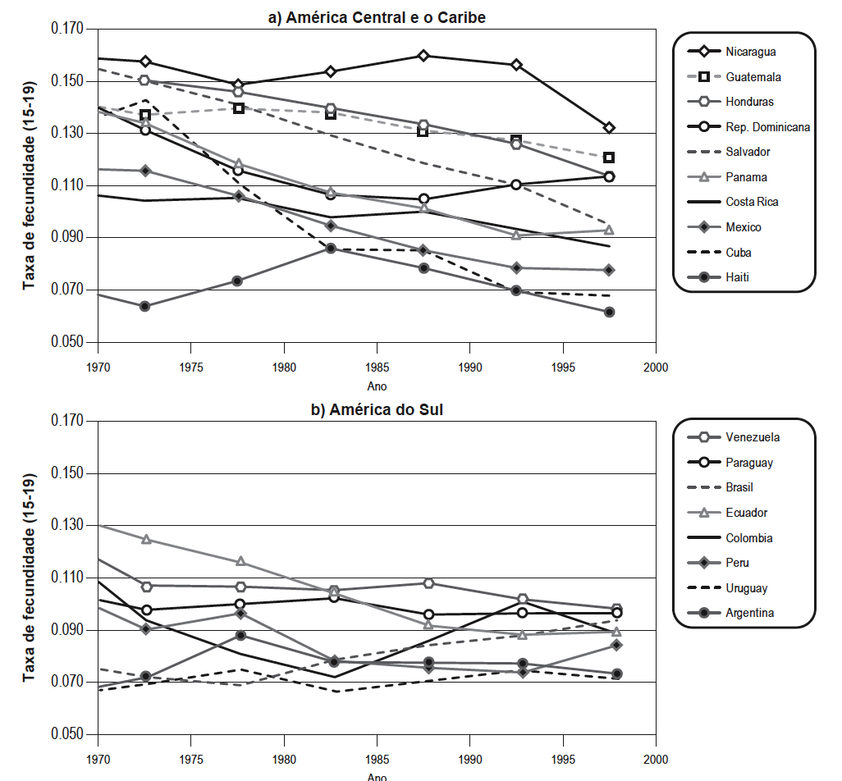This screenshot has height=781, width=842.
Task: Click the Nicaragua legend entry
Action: point(750,52)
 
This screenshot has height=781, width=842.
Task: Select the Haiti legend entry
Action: point(738,277)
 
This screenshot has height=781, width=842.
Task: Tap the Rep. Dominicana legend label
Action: point(767,127)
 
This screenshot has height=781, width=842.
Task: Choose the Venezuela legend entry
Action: point(753,437)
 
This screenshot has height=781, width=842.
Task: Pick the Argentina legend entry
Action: point(750,613)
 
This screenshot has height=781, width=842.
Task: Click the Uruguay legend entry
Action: point(746,588)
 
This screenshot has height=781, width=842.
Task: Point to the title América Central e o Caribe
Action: point(377,17)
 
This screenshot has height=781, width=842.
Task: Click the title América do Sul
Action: point(377,409)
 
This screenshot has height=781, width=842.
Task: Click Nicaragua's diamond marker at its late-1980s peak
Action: point(423,56)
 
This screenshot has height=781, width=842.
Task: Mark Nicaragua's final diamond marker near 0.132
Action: point(609,128)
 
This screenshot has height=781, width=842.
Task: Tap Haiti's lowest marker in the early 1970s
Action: point(144,306)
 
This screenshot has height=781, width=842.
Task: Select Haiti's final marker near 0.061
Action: point(609,312)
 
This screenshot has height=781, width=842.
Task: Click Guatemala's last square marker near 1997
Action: point(609,158)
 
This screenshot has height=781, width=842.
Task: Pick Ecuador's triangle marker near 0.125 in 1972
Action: point(146,539)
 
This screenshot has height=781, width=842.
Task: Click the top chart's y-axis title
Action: point(30,185)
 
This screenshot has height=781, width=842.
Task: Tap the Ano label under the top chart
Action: point(377,386)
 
